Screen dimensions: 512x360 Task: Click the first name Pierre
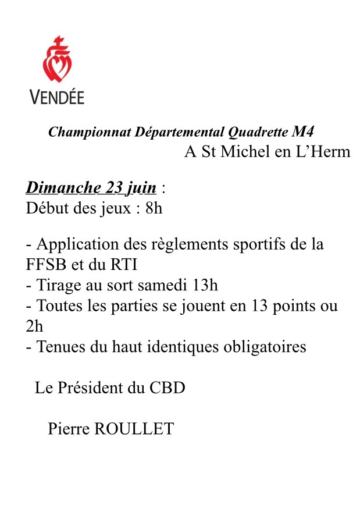coord(68,429)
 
